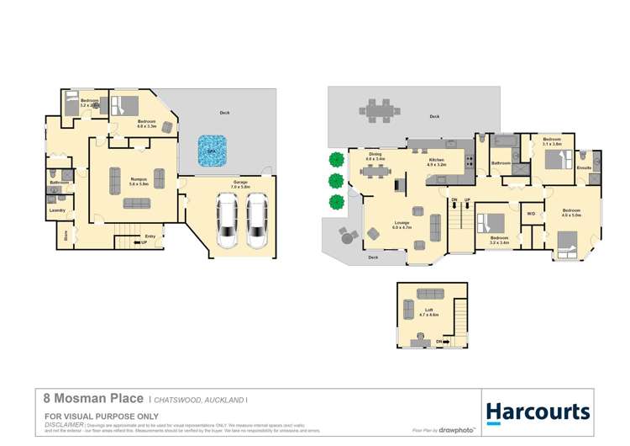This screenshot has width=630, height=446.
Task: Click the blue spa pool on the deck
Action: point(213,151)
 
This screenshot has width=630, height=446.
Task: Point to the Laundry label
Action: point(58,210)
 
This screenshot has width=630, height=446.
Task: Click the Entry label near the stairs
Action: point(150,236)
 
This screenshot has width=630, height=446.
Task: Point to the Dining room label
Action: point(375,156)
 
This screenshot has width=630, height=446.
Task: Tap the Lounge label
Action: point(401,223)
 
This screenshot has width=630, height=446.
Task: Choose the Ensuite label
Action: point(585,167)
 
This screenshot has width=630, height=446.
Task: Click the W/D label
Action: point(531,214)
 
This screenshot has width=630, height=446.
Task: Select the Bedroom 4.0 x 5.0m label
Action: point(571,211)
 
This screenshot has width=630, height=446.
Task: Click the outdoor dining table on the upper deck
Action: point(379,109)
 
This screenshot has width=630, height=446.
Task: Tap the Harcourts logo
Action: point(538,411)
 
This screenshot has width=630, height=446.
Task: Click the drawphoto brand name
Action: point(457,430)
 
